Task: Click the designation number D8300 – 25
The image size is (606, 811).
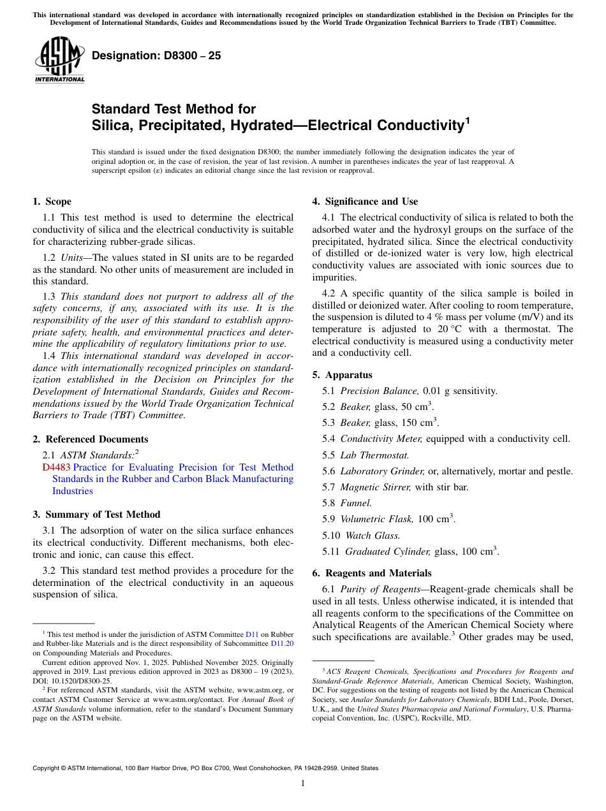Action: tap(156, 55)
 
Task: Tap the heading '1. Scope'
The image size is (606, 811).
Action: tap(52, 201)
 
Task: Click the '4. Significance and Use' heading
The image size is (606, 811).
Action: tap(365, 201)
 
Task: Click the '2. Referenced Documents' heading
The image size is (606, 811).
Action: tap(90, 439)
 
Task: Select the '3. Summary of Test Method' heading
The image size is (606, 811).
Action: tap(96, 515)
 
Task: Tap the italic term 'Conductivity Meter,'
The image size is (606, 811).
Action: tap(381, 439)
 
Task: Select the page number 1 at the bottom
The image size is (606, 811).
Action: tap(303, 783)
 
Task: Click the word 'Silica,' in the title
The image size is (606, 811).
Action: tap(111, 125)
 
